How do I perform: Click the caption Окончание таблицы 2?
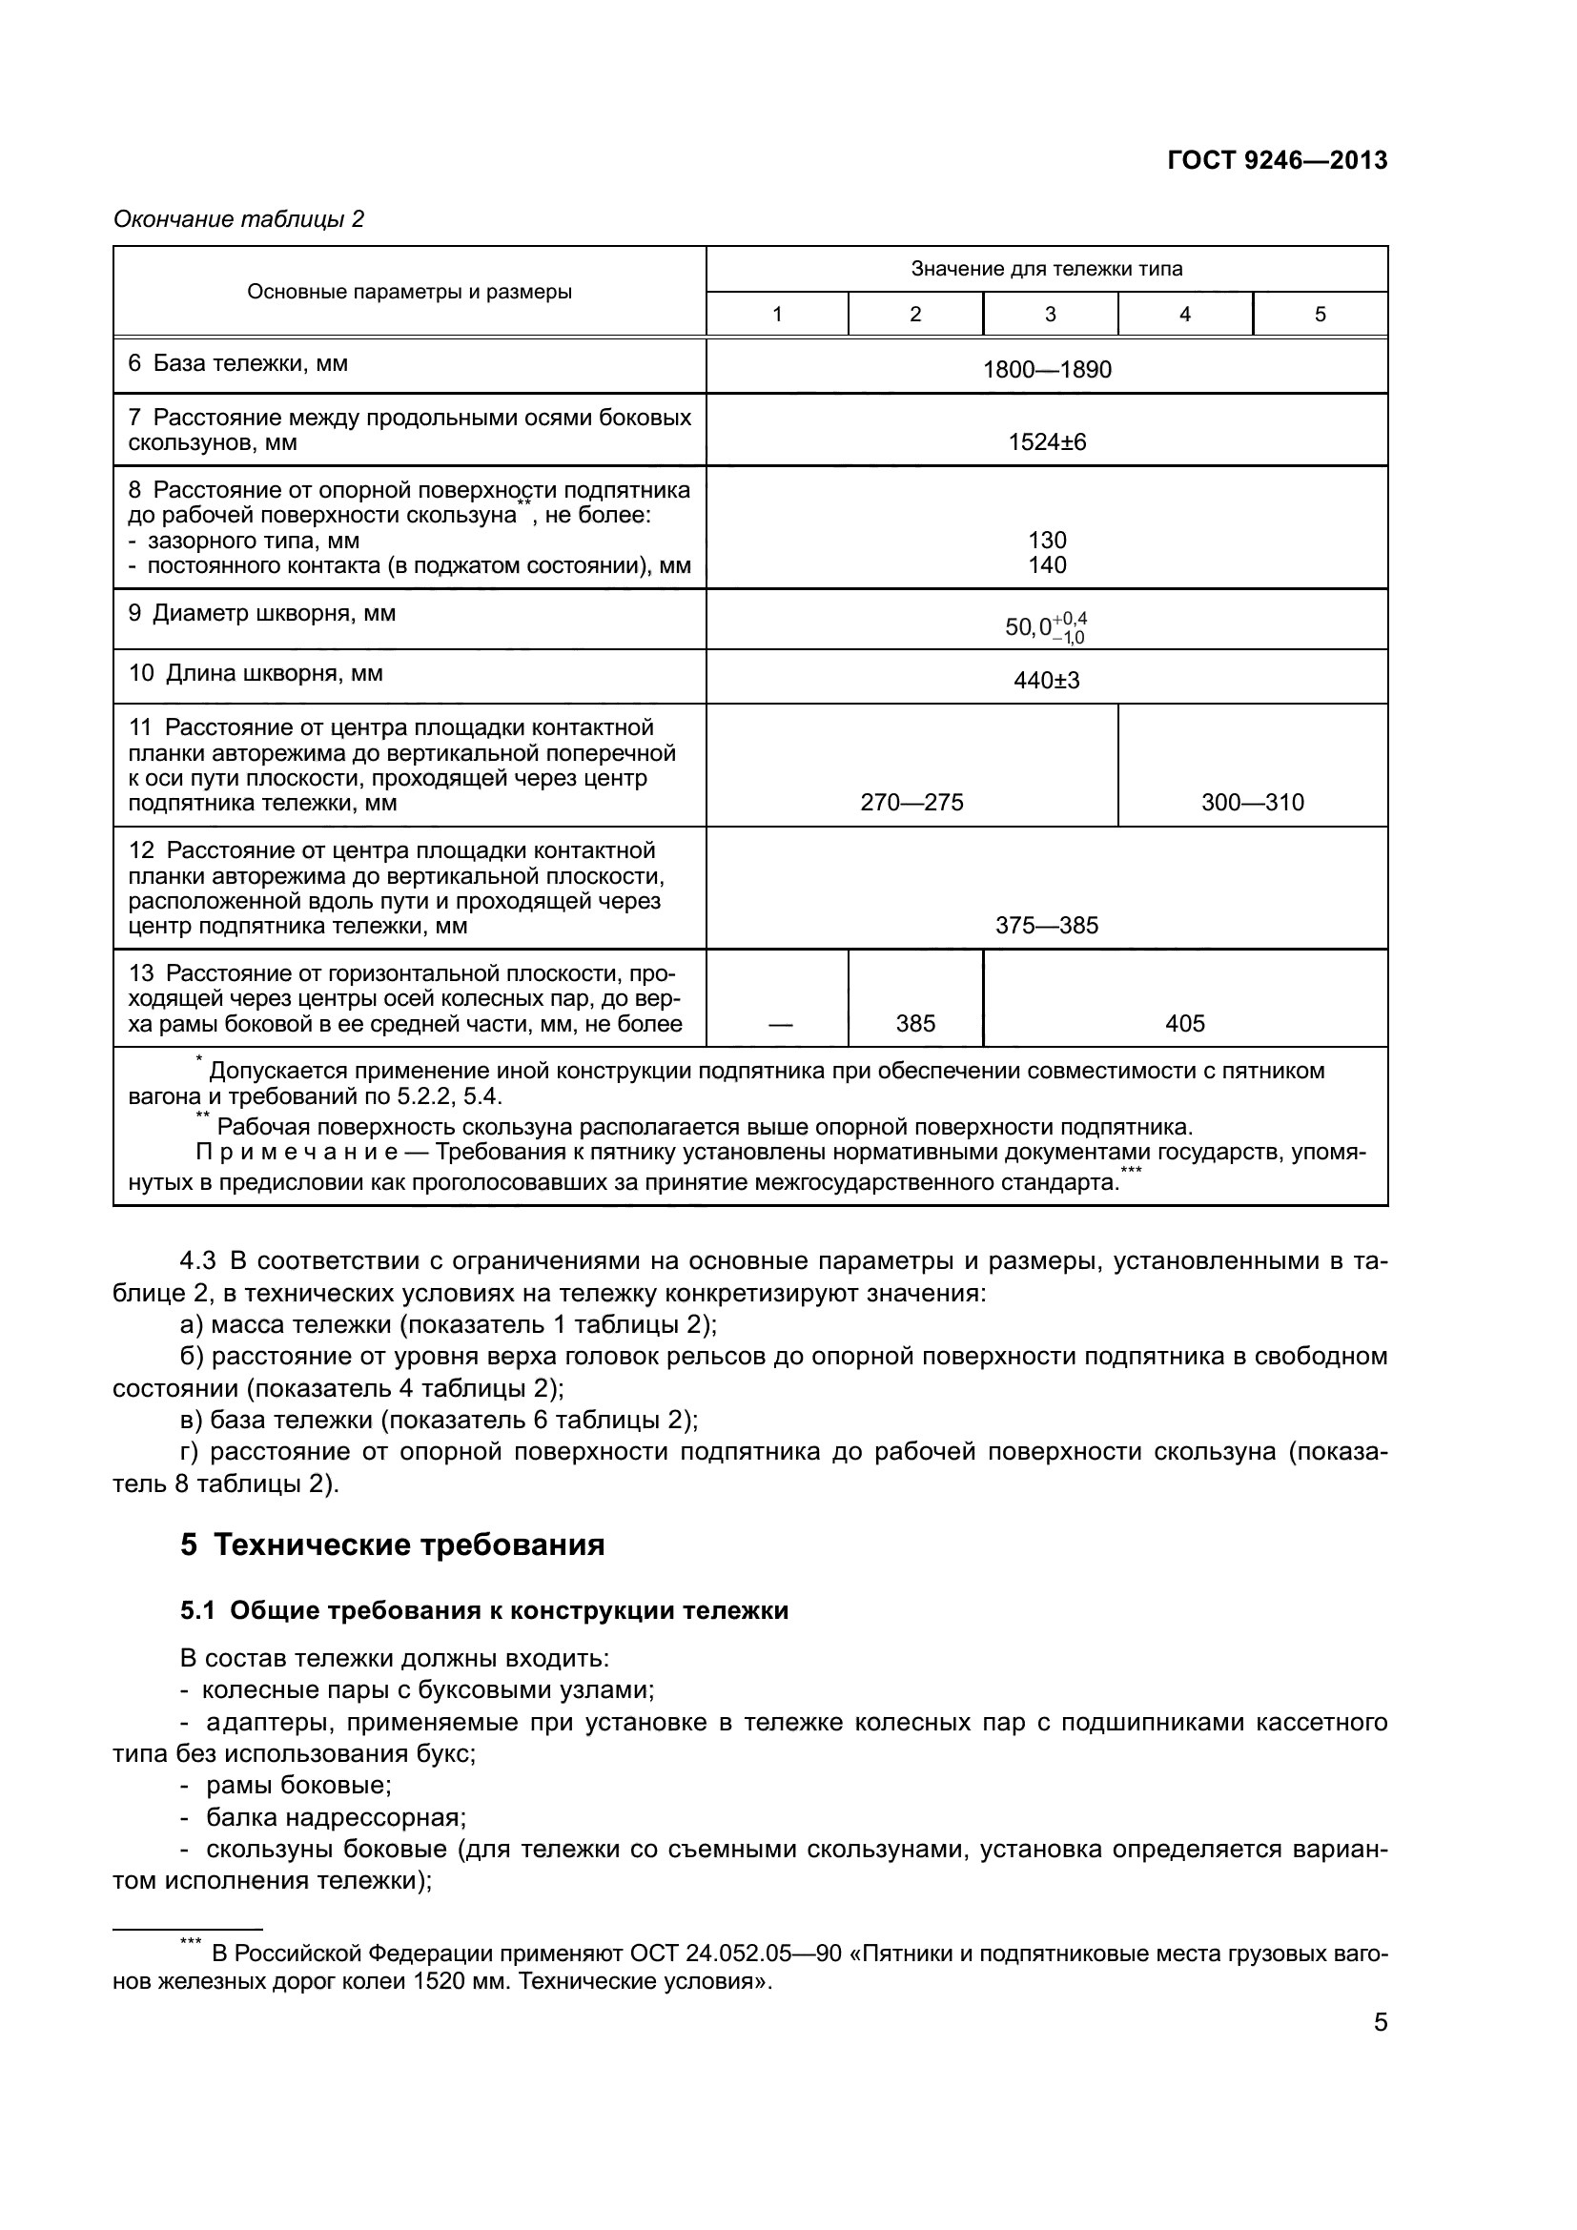coord(238,219)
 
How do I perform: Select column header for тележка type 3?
coord(1050,314)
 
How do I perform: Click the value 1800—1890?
coord(1046,370)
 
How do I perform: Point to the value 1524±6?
coord(1046,442)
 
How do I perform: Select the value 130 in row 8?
coord(1047,540)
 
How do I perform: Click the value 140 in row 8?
coord(1047,565)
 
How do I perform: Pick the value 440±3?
coord(1046,680)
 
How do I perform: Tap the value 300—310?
coord(1252,802)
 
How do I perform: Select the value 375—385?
coord(1046,925)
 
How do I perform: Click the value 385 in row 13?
coord(914,1023)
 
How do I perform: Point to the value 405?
coord(1185,1023)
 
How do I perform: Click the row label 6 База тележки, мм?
coord(238,363)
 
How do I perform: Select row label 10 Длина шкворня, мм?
coord(256,673)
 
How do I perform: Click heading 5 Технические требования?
coord(392,1545)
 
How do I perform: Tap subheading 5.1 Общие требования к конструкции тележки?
coord(483,1610)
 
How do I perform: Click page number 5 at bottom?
coord(1380,2022)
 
